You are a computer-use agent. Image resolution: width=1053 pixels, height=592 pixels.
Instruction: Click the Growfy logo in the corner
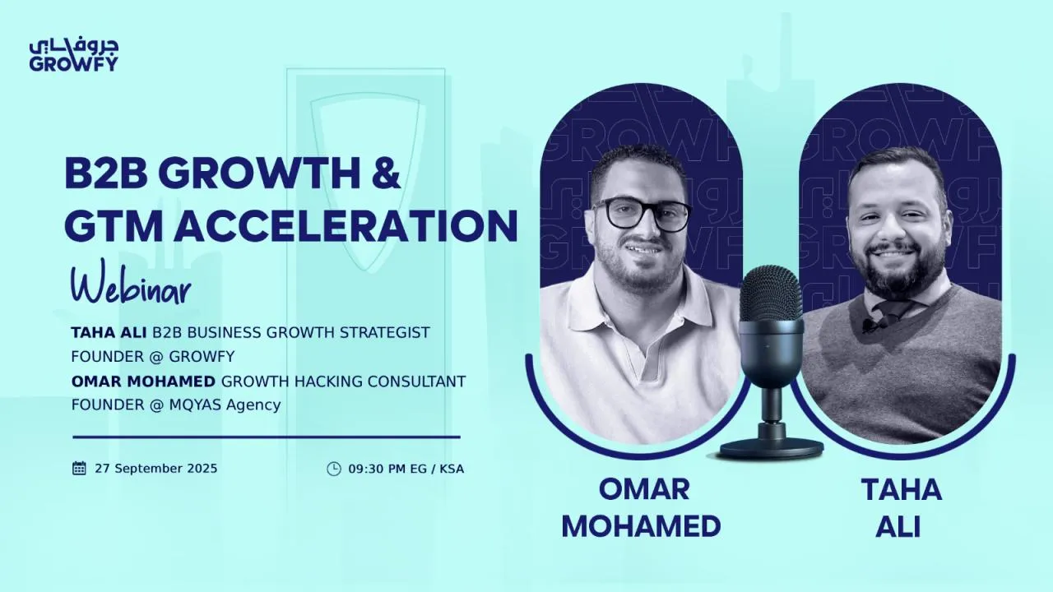73,54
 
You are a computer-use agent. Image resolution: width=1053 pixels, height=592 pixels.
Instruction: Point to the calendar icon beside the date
79,469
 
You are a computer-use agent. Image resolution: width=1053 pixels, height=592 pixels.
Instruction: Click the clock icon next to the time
333,469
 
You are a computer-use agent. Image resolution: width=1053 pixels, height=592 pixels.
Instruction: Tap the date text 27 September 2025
156,469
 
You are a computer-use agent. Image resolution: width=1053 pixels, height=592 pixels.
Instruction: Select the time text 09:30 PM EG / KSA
406,469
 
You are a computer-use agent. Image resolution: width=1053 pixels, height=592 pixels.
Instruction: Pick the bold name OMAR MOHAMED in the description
144,382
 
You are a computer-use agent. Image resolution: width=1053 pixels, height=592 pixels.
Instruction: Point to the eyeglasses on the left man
642,214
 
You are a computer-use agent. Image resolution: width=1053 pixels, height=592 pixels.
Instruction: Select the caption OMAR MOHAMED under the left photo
641,507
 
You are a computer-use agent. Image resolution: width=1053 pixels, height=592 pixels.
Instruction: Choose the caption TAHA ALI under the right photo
902,507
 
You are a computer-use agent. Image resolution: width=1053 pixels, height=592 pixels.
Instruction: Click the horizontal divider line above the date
266,437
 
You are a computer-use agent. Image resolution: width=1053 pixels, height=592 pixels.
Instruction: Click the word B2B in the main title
104,173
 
